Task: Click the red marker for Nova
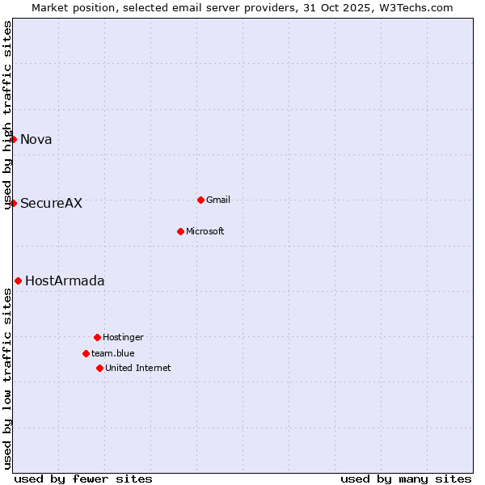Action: tap(14, 139)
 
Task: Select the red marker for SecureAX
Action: tap(14, 203)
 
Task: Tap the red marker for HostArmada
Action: tap(18, 280)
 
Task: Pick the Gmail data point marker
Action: tap(200, 200)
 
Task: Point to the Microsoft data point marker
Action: tap(180, 231)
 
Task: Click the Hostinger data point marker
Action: tap(97, 337)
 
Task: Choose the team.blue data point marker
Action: tap(86, 353)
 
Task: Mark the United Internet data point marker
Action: tap(99, 368)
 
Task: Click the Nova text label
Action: tap(36, 139)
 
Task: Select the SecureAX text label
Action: tap(51, 203)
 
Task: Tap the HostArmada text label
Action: tap(65, 280)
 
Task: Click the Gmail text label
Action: tap(218, 200)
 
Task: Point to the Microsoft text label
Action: tap(205, 231)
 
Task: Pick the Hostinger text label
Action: tap(123, 337)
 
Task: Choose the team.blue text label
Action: tap(113, 353)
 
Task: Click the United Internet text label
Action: tap(138, 368)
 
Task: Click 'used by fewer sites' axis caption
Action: tap(83, 479)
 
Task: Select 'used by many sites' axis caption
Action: tap(406, 479)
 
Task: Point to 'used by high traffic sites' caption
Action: tap(8, 115)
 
